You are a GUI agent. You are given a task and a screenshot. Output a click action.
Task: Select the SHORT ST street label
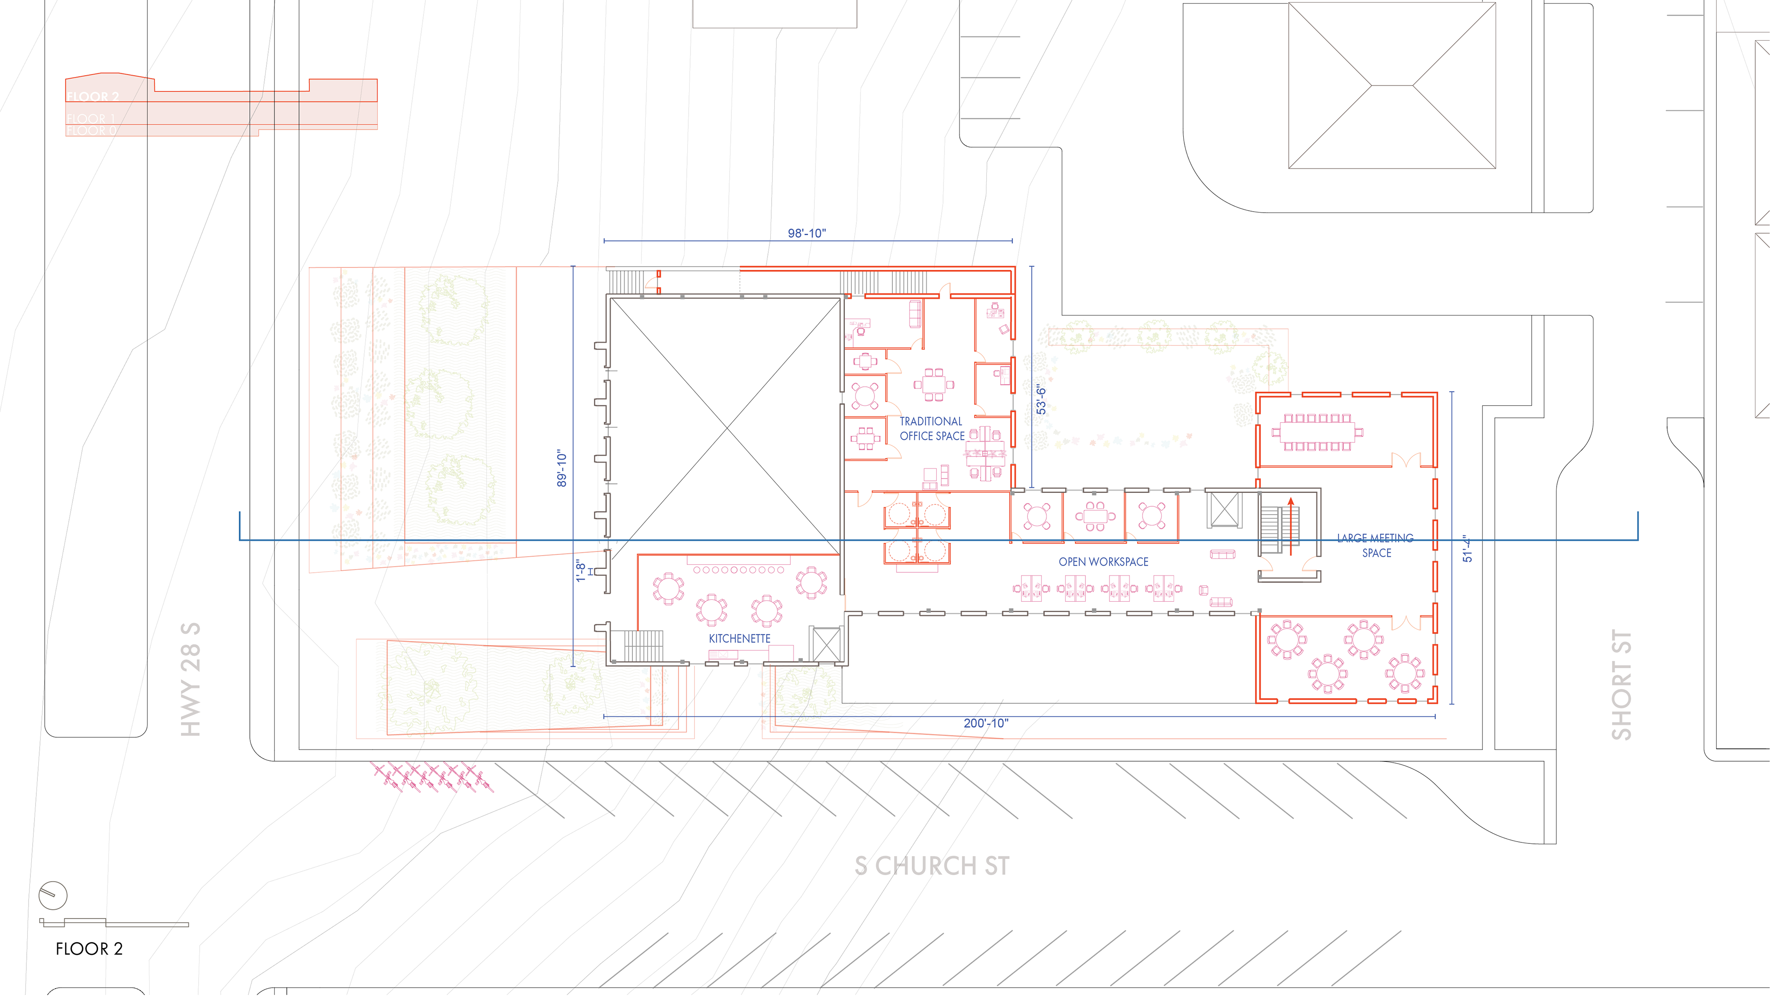(x=1621, y=685)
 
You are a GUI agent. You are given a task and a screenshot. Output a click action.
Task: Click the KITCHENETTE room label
(x=739, y=639)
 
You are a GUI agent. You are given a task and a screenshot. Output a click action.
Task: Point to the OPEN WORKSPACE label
(x=1103, y=562)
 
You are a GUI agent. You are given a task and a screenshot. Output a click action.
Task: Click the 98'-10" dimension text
(x=807, y=233)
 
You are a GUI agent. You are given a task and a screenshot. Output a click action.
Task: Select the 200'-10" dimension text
(x=985, y=723)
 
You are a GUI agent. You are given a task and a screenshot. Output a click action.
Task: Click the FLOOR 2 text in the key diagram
(x=93, y=97)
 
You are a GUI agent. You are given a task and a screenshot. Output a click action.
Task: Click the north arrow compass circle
(x=53, y=895)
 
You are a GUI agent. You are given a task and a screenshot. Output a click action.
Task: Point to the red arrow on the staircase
(x=1291, y=522)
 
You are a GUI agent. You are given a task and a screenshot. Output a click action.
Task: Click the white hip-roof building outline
(x=1392, y=85)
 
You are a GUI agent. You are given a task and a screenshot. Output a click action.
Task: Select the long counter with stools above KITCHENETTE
(x=738, y=569)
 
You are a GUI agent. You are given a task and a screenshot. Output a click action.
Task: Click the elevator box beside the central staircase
(x=1224, y=510)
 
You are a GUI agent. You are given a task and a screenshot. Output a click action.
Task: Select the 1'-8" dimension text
(x=581, y=570)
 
